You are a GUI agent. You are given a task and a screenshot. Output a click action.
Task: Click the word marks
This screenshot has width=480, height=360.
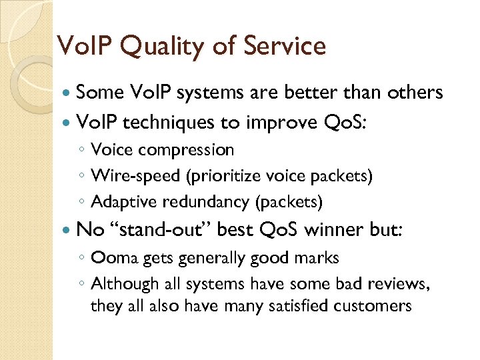315,258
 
